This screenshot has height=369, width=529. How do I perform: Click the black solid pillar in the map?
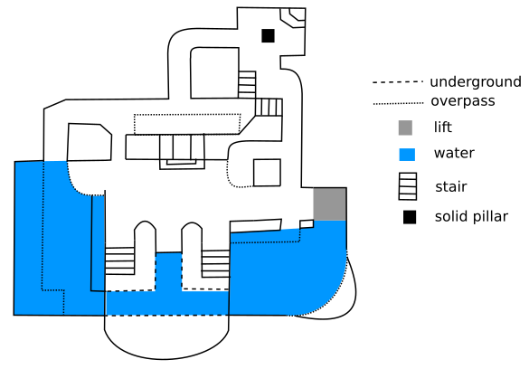click(x=268, y=36)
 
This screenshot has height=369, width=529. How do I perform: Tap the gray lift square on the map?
click(x=330, y=204)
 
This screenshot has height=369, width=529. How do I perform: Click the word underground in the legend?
click(x=476, y=82)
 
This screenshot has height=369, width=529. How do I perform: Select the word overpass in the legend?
click(x=463, y=101)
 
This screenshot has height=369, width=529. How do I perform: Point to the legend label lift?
click(x=442, y=128)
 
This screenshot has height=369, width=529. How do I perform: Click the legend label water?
click(x=454, y=153)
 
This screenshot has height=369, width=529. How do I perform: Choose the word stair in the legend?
click(x=451, y=186)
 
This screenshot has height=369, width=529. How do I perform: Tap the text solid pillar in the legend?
click(x=471, y=216)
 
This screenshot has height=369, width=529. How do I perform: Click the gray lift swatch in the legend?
click(x=405, y=128)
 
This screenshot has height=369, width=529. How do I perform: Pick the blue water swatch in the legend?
click(x=407, y=155)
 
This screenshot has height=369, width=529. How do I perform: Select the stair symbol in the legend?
click(x=408, y=186)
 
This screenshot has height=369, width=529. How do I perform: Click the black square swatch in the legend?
click(x=410, y=217)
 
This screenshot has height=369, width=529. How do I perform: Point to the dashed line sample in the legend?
click(x=398, y=82)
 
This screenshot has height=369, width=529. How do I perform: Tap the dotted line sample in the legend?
click(x=398, y=103)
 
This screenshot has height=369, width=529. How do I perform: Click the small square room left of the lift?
click(x=267, y=173)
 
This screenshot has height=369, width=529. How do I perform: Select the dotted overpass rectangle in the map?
click(x=187, y=114)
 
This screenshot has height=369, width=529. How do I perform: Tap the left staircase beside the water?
click(x=119, y=260)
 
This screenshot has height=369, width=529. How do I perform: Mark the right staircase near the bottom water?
click(x=215, y=264)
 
